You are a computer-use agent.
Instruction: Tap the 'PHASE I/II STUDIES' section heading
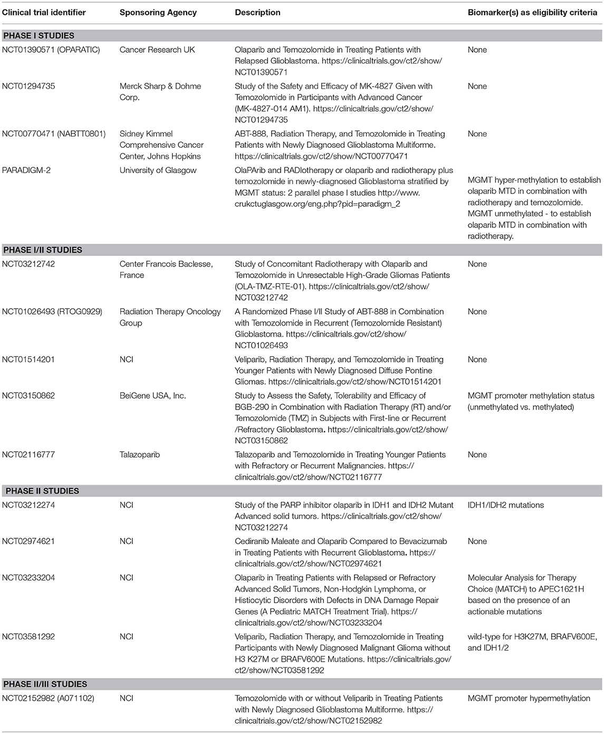[x=43, y=250]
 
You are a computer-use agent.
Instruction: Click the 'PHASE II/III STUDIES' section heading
[x=45, y=684]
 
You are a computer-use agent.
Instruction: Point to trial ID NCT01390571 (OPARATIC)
[x=51, y=50]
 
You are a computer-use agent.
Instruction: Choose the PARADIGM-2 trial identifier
[x=26, y=170]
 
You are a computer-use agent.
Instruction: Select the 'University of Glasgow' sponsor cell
[x=158, y=170]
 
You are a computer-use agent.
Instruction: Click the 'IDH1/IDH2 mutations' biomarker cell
[x=505, y=505]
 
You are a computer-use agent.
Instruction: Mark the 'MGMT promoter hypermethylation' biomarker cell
[x=529, y=698]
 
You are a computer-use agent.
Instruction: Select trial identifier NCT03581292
[x=28, y=636]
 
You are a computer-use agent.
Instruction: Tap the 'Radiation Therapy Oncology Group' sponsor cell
[x=170, y=317]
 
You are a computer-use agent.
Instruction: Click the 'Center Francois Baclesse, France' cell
[x=166, y=269]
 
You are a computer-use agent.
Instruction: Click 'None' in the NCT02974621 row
[x=477, y=541]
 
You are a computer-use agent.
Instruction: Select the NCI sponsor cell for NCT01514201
[x=127, y=359]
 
